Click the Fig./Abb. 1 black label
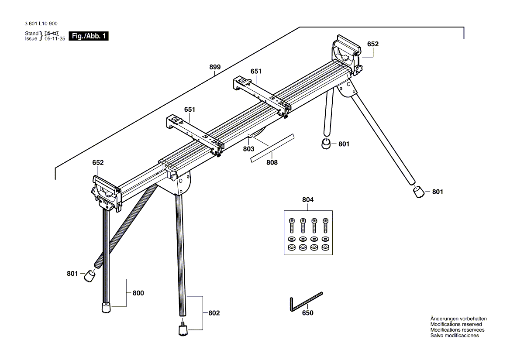point(89,37)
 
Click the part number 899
point(214,67)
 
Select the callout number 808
point(272,162)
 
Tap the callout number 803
point(248,149)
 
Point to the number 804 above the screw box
point(307,199)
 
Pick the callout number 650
point(307,313)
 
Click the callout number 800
point(138,293)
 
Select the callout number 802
point(214,313)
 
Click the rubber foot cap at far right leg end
point(418,192)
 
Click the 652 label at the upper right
point(372,44)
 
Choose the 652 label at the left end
point(98,162)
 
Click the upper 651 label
point(256,71)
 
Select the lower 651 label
point(189,110)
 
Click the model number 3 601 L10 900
point(41,24)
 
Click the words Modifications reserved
point(456,324)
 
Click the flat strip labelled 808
point(272,148)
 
